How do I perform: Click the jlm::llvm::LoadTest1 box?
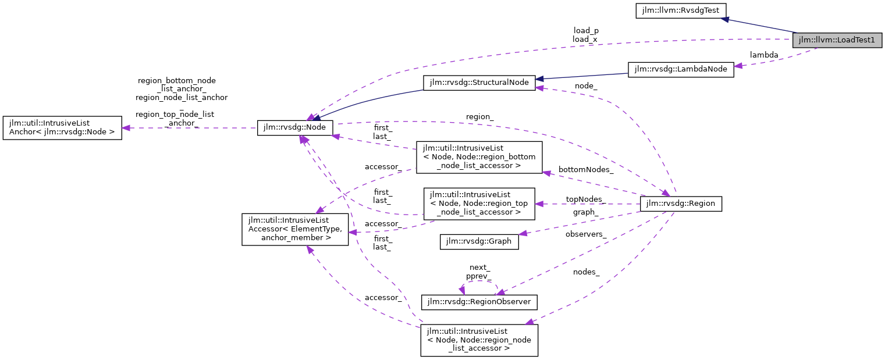coord(837,40)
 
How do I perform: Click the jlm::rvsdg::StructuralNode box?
coord(479,83)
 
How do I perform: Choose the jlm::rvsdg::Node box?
coord(295,128)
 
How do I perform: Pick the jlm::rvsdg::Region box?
coord(681,204)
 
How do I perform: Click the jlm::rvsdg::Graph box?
coord(479,241)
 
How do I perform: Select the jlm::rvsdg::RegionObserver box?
coord(479,302)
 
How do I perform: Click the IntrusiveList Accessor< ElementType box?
coord(295,229)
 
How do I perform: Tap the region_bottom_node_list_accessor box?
coord(479,157)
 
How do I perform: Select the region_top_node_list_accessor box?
coord(479,204)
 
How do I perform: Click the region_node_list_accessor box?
coord(479,340)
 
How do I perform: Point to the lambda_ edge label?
coord(764,55)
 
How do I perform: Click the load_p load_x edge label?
coord(585,35)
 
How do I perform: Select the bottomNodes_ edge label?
coord(585,170)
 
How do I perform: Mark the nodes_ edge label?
coord(586,272)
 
